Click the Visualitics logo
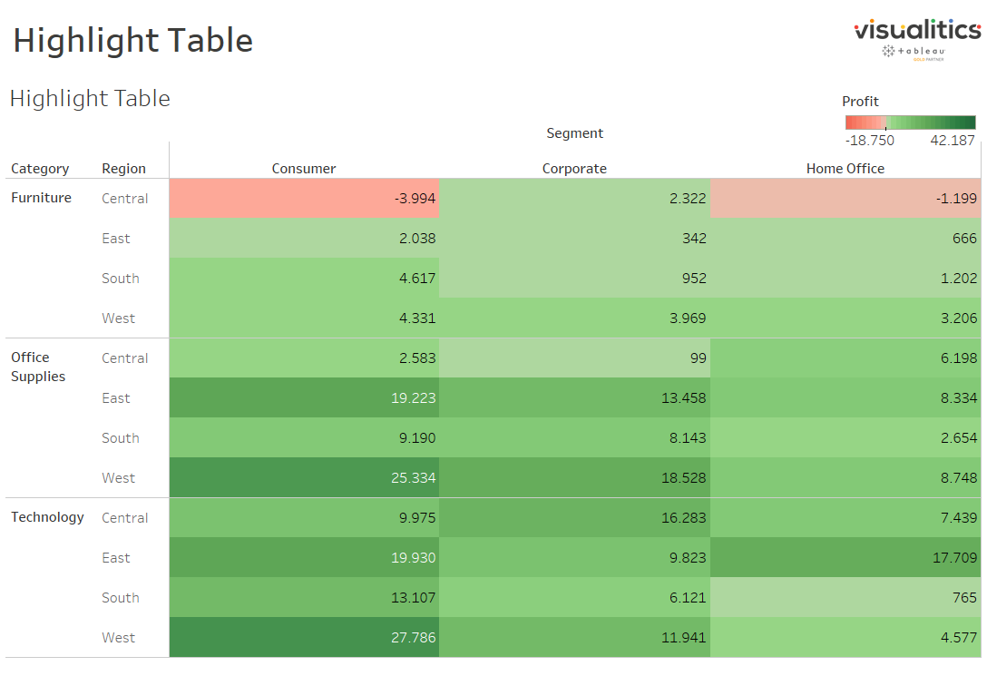[916, 38]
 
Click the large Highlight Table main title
[132, 41]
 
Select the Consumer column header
[304, 169]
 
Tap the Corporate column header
[574, 169]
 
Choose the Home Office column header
[845, 169]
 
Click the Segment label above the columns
[574, 133]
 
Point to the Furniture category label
[41, 198]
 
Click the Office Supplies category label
[38, 367]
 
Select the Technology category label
[47, 517]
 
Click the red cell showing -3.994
[304, 199]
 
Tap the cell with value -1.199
[845, 199]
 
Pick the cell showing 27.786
[304, 638]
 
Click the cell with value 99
[574, 358]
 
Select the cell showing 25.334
[304, 478]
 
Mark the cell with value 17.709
[845, 558]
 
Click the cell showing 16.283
[574, 518]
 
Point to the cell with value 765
[845, 598]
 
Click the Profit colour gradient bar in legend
[910, 122]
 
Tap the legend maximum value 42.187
[952, 141]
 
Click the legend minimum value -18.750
[869, 141]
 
